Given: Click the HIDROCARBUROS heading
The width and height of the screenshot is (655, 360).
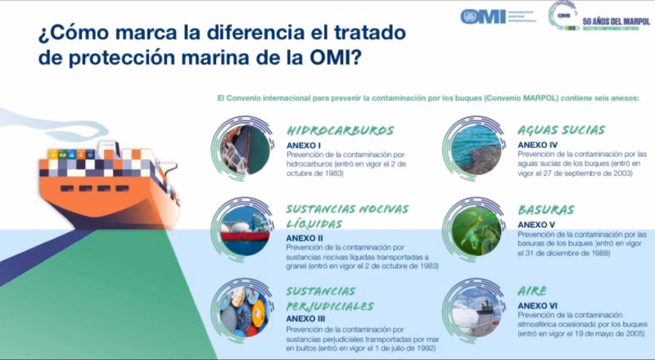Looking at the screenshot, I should click(x=340, y=130).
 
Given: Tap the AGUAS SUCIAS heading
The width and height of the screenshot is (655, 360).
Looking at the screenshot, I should click(x=561, y=130).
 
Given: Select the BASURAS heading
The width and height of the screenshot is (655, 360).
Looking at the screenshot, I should click(x=546, y=209).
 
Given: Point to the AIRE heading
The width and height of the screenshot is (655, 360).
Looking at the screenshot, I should click(x=532, y=290).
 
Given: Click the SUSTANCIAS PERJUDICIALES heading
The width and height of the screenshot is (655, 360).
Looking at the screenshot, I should click(x=322, y=298).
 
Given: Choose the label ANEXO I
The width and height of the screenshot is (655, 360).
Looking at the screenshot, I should click(x=304, y=144).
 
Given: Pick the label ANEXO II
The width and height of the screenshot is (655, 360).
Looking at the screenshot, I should click(x=305, y=237).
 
